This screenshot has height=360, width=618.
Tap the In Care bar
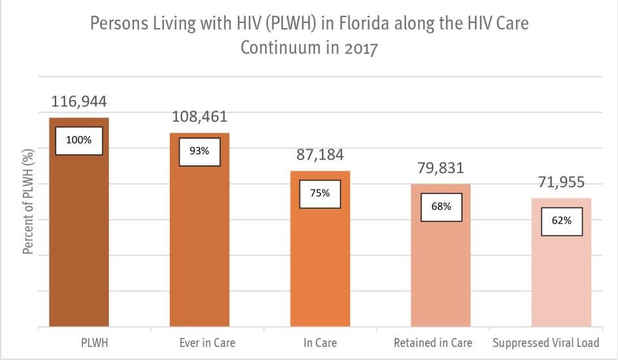[320, 268]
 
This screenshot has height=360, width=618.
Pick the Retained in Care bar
[440, 274]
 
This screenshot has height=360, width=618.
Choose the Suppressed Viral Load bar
[561, 281]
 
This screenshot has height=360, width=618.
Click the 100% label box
[78, 140]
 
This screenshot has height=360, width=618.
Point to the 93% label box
[200, 151]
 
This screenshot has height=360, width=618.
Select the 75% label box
[320, 193]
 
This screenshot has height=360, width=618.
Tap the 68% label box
[441, 206]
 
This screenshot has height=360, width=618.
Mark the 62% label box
[562, 221]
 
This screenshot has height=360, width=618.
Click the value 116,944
[79, 102]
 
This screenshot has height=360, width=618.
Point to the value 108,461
[199, 117]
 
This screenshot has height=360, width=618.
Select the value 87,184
[320, 155]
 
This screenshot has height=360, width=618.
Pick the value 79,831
[440, 168]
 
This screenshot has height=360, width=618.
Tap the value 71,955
[561, 182]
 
